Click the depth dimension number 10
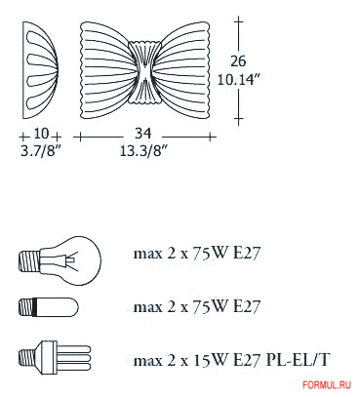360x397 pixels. [x=40, y=134]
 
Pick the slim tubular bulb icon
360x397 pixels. [x=46, y=307]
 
